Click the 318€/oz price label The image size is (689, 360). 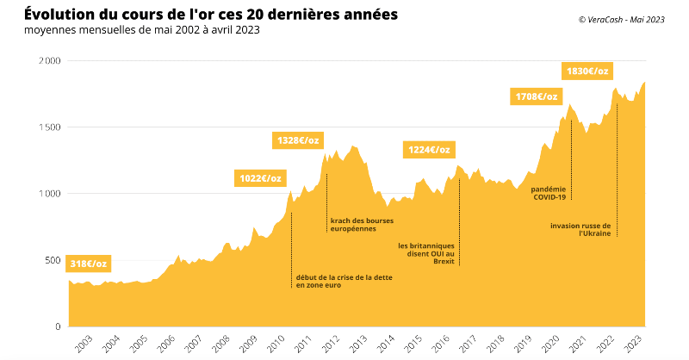coord(89,264)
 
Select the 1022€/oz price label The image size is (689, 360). coord(258,178)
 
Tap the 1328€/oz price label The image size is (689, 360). coord(298,140)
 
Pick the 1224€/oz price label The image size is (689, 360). coord(427,150)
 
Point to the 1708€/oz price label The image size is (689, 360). coord(537,96)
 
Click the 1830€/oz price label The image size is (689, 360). coord(587,71)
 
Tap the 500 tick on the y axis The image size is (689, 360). coord(51,260)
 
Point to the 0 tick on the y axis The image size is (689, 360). coord(57,326)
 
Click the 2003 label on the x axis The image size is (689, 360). coord(84,344)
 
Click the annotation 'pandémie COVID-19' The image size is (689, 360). coord(549,193)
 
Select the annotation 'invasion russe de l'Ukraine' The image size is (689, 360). coord(581,229)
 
